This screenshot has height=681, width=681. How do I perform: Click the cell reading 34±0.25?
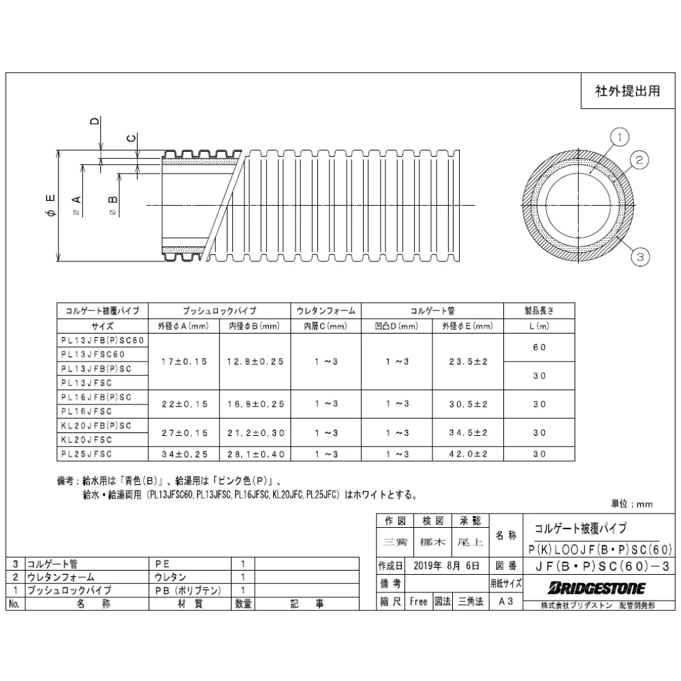click(183, 454)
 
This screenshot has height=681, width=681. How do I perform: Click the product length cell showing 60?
click(539, 347)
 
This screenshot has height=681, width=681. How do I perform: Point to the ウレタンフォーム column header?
click(326, 310)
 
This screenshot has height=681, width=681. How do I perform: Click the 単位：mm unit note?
click(631, 503)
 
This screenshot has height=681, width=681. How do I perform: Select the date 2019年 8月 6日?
click(446, 565)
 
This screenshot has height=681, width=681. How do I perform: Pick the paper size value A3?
click(505, 602)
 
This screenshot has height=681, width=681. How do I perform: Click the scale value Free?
click(418, 602)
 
